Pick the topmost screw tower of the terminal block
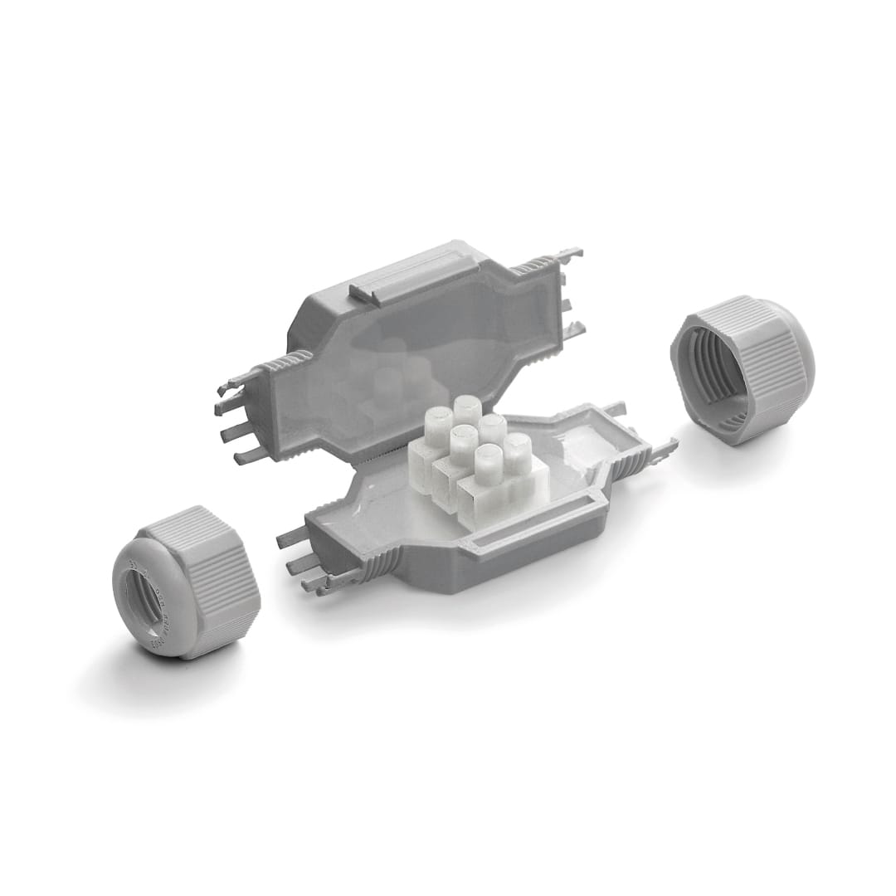[467, 409]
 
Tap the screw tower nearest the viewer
[487, 461]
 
